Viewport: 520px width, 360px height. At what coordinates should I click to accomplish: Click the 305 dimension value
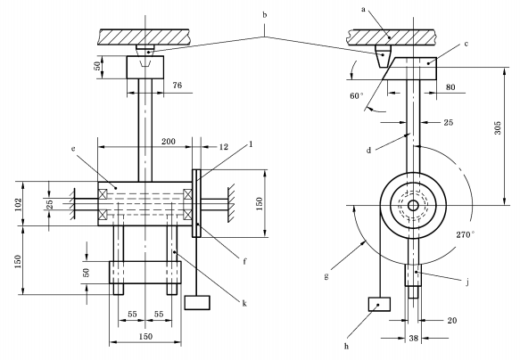[x=498, y=127]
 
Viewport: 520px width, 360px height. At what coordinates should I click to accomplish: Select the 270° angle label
[x=465, y=235]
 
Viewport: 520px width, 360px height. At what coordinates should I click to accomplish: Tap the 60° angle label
[x=357, y=96]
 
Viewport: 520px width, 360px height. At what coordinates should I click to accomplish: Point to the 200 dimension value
[x=169, y=142]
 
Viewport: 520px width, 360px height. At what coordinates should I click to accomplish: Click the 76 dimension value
[x=177, y=86]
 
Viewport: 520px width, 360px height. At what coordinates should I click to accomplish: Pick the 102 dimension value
[x=18, y=204]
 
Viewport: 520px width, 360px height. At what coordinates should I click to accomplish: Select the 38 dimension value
[x=414, y=338]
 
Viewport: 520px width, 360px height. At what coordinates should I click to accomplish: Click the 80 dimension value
[x=450, y=87]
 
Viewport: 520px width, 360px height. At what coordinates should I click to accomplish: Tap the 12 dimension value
[x=224, y=147]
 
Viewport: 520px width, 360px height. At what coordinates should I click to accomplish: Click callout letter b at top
[x=264, y=15]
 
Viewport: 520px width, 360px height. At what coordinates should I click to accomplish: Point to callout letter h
[x=346, y=347]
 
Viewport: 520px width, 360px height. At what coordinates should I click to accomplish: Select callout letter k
[x=244, y=304]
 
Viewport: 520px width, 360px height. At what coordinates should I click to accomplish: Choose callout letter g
[x=326, y=277]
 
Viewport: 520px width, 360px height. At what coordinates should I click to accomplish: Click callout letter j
[x=467, y=282]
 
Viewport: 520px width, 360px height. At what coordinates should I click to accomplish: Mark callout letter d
[x=368, y=151]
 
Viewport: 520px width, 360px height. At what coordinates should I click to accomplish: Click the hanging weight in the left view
[x=197, y=303]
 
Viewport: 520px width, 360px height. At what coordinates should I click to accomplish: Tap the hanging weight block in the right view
[x=379, y=305]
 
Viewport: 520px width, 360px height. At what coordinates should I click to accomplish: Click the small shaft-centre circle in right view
[x=413, y=206]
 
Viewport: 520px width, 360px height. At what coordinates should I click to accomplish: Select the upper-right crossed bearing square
[x=187, y=193]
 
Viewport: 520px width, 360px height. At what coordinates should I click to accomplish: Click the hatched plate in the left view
[x=144, y=37]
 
